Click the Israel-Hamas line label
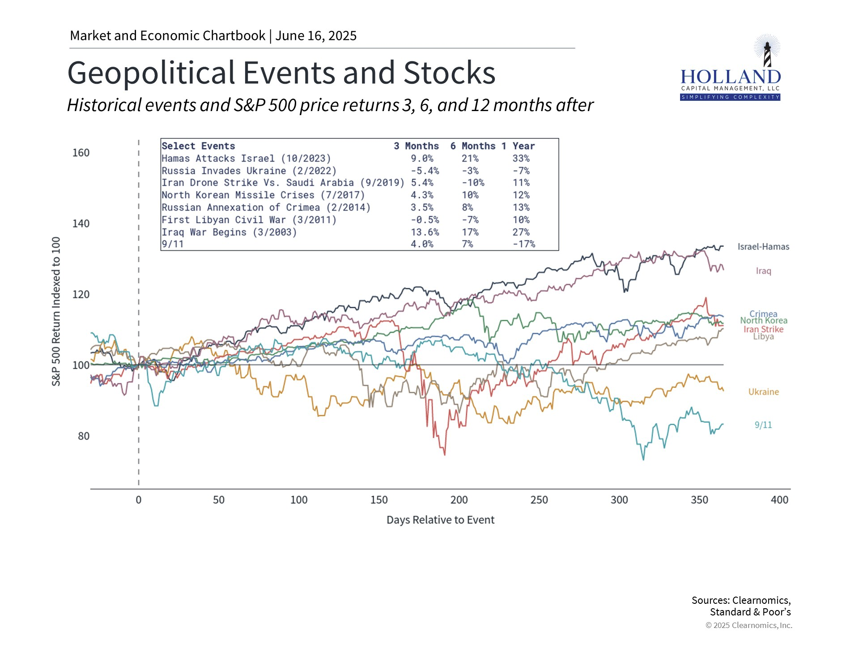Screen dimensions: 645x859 [763, 247]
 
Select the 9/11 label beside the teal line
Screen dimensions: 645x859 [763, 425]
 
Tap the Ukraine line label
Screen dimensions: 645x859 [763, 392]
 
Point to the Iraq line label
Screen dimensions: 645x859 [763, 271]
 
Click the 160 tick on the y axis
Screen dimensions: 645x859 [81, 153]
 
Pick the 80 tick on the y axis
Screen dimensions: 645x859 [84, 436]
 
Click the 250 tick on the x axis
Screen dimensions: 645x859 [539, 500]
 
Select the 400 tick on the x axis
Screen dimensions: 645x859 [779, 500]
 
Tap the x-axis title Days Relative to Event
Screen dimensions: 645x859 [440, 520]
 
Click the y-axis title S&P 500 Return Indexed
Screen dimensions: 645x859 [56, 311]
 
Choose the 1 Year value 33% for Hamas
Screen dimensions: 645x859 [521, 159]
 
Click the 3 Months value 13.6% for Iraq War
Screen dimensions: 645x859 [425, 232]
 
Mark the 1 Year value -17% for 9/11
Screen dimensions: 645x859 [523, 244]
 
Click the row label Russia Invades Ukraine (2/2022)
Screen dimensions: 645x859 [249, 171]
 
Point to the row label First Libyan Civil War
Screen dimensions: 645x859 [249, 220]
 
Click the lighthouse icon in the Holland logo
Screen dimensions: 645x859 [767, 53]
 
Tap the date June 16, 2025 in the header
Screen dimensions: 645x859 [316, 36]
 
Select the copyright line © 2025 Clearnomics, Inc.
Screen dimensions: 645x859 [748, 625]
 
